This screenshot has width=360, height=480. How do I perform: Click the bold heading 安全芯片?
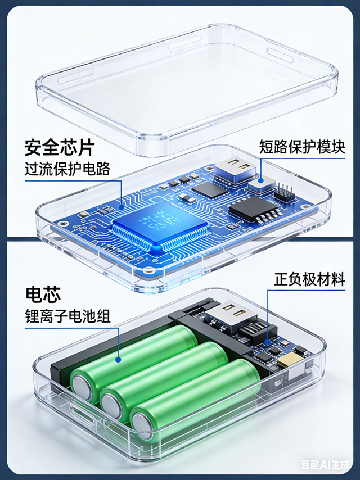pyautogui.click(x=59, y=147)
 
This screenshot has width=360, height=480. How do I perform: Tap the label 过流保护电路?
pyautogui.click(x=67, y=169)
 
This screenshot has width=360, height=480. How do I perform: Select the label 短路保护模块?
pyautogui.click(x=301, y=147)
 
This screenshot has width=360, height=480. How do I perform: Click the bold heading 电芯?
pyautogui.click(x=43, y=294)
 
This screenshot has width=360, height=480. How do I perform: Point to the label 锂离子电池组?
pyautogui.click(x=67, y=316)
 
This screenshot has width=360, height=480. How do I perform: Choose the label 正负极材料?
pyautogui.click(x=309, y=279)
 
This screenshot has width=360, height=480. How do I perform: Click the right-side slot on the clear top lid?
pyautogui.click(x=280, y=55)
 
